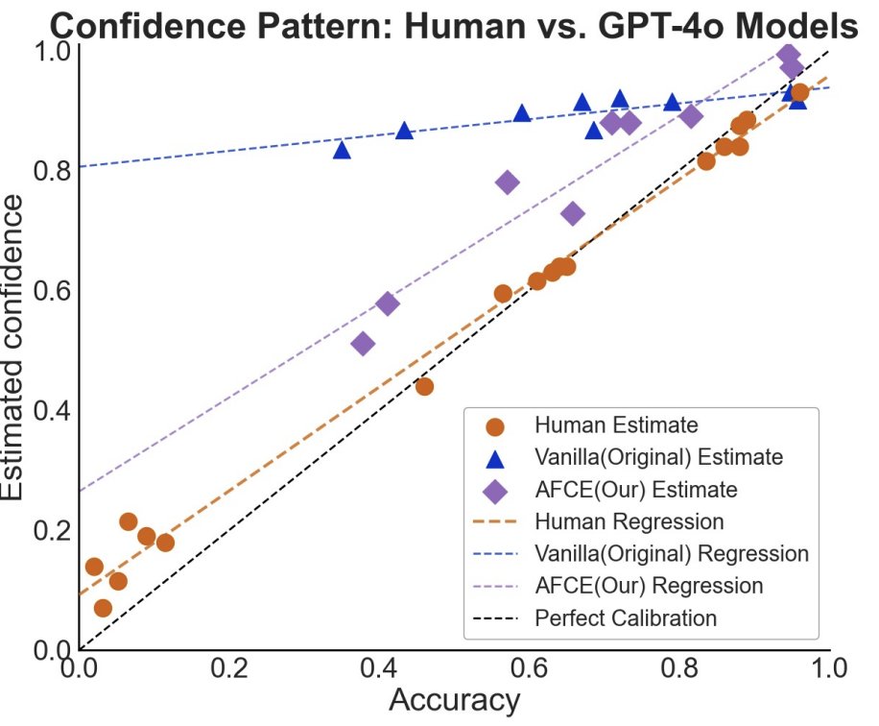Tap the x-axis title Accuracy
click(454, 701)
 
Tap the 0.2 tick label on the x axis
click(229, 667)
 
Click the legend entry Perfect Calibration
click(626, 617)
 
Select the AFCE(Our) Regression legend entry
click(649, 586)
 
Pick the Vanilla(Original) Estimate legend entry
click(658, 456)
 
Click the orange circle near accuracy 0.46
click(424, 386)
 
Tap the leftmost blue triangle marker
click(342, 150)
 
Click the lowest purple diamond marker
click(363, 344)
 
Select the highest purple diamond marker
click(788, 54)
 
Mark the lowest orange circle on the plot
click(103, 608)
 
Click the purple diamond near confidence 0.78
click(508, 182)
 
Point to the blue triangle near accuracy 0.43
click(404, 131)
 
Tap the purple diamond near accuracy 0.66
click(573, 213)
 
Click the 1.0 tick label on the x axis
click(828, 667)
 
